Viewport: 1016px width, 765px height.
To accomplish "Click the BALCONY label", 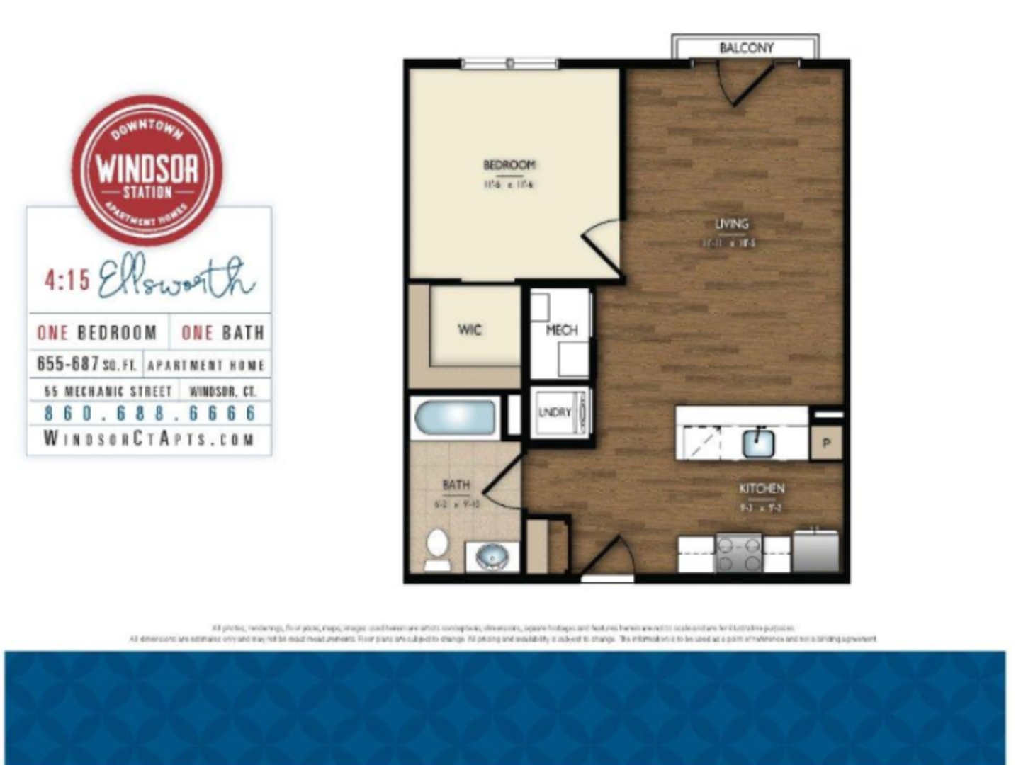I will tap(746, 48).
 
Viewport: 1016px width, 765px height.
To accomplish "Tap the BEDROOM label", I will tap(509, 165).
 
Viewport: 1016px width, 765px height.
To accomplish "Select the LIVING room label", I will tap(731, 224).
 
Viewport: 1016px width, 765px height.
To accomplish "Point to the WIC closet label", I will tap(469, 329).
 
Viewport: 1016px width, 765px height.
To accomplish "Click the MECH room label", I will tap(561, 330).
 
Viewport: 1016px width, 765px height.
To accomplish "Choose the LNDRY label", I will tap(554, 412).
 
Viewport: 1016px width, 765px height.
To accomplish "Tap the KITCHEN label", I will tap(761, 489).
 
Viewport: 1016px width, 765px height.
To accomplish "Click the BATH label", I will tap(456, 485).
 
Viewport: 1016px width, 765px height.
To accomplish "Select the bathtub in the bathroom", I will tap(454, 419).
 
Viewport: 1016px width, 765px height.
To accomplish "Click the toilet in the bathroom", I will tap(437, 549).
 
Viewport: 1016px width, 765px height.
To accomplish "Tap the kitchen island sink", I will tap(758, 443).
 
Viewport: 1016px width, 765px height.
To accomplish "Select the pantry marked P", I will tap(826, 443).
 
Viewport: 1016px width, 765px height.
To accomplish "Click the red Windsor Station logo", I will tap(147, 170).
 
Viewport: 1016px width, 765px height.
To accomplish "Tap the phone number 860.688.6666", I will tap(149, 413).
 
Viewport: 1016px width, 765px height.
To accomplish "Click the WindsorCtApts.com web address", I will tap(149, 438).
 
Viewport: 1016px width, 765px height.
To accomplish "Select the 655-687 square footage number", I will tap(68, 364).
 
